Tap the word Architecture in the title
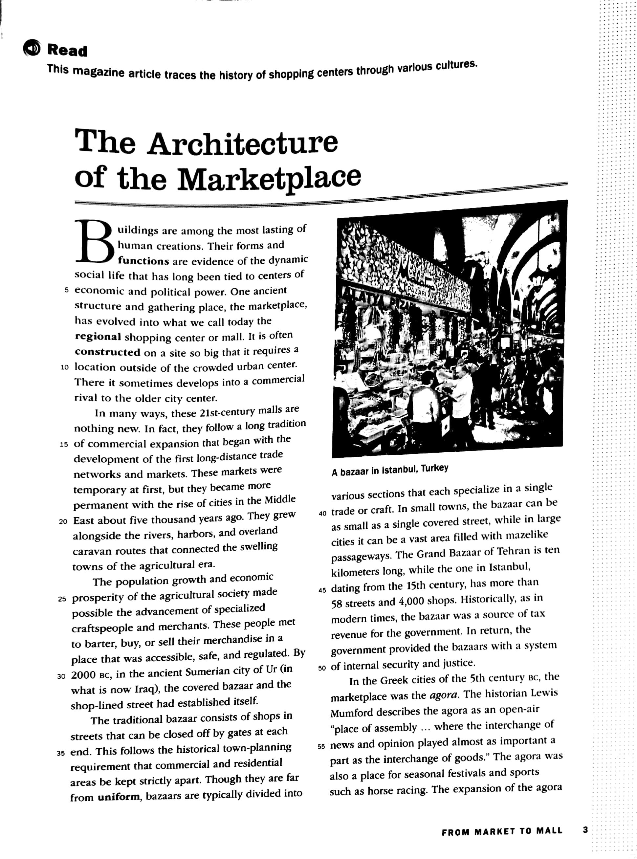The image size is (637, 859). tap(243, 143)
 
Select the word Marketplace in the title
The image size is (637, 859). tap(270, 178)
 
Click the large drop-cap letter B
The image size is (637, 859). tap(94, 242)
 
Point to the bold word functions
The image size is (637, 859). tap(143, 261)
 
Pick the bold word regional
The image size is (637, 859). tap(98, 337)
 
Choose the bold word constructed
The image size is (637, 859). tap(108, 352)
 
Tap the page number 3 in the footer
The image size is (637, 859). tap(585, 830)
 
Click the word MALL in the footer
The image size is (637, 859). tap(549, 831)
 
